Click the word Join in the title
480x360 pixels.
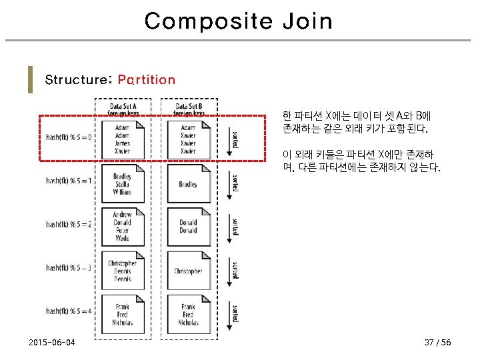307,21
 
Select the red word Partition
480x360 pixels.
147,80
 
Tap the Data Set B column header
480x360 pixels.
189,109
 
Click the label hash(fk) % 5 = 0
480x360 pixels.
69,138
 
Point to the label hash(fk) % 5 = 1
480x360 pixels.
69,181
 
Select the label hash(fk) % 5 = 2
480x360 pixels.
69,224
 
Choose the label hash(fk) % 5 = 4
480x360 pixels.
69,311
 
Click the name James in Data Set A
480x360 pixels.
122,143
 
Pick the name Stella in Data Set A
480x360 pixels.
122,184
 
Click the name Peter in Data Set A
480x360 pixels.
122,230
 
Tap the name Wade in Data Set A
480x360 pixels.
122,238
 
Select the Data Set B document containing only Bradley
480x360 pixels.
188,184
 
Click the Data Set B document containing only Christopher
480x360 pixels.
188,271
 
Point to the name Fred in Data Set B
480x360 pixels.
188,315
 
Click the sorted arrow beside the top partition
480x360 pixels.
231,140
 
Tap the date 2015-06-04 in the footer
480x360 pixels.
52,343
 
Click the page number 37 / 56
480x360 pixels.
437,343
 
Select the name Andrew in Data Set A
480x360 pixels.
122,215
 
